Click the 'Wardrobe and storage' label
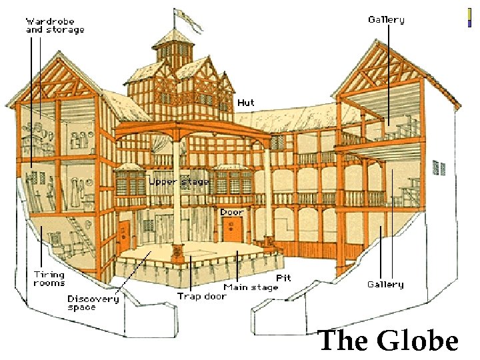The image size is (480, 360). (55, 25)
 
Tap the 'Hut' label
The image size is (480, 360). (245, 103)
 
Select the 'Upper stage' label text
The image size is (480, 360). (178, 181)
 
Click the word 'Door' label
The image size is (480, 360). (232, 212)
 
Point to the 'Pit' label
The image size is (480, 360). (283, 277)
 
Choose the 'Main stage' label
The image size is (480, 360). (251, 287)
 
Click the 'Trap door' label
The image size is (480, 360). (201, 297)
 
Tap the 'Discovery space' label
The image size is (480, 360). (93, 303)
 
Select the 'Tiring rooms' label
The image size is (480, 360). (49, 279)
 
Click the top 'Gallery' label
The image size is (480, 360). (386, 20)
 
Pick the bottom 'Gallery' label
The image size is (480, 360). (385, 285)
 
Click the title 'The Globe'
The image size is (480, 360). (388, 341)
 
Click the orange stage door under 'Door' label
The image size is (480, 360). (232, 231)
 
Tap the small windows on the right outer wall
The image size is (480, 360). (438, 169)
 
